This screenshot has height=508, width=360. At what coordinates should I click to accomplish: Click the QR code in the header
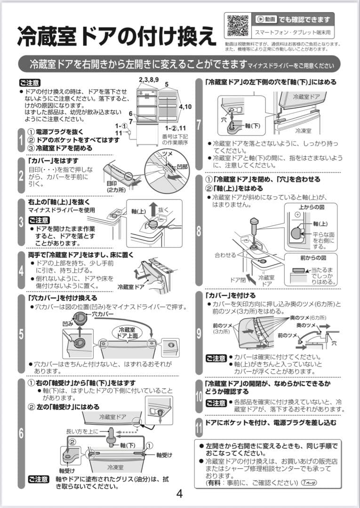(238, 25)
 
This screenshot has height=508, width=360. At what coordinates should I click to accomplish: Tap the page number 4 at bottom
(179, 493)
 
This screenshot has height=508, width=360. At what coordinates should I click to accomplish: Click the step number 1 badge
(21, 140)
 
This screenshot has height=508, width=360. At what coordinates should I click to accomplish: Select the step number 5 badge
(21, 334)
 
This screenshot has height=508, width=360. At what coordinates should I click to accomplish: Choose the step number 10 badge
(199, 395)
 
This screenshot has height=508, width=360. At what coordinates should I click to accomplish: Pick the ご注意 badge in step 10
(216, 403)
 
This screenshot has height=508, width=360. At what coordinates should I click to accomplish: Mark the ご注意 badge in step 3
(39, 220)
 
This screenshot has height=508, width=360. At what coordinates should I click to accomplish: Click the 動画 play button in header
(266, 20)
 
